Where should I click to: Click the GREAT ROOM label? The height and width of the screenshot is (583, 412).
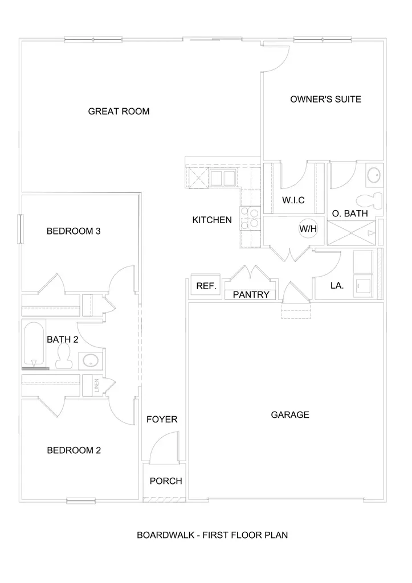point(119,112)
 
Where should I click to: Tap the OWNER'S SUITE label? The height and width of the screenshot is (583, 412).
point(325,99)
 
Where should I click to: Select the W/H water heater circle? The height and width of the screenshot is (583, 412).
point(308,229)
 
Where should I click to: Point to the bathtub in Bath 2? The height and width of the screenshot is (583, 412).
point(34,345)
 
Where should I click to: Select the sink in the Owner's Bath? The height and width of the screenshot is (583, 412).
point(374,174)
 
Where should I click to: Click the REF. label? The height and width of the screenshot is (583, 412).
point(206,286)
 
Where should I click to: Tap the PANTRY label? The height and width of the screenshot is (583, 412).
point(251,295)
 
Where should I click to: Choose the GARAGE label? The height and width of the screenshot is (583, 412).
point(290,414)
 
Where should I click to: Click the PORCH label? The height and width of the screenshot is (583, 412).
point(166,481)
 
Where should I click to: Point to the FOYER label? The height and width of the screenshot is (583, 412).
point(162,420)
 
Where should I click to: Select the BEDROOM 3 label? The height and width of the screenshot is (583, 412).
point(74,231)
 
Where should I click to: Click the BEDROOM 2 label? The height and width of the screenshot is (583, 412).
point(74,450)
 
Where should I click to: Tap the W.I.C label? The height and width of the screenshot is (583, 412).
point(294,200)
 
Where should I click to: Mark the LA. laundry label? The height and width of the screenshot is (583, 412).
point(337,286)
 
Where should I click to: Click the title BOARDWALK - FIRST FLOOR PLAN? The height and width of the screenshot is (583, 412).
point(213,535)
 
